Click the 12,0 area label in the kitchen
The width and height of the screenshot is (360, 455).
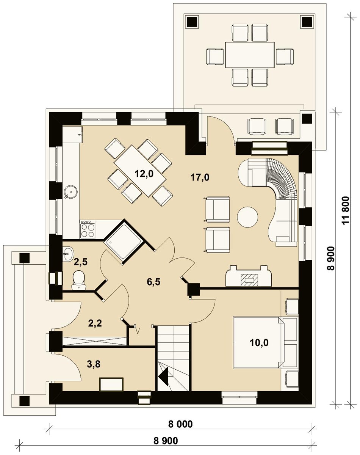[144, 174]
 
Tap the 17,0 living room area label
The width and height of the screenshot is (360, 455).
[200, 177]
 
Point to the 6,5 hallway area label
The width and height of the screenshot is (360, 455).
[153, 282]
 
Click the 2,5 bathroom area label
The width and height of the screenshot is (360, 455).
[81, 262]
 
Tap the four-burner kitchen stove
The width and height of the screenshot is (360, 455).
[88, 229]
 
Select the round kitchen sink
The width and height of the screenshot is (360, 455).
[71, 192]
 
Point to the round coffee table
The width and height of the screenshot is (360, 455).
[247, 217]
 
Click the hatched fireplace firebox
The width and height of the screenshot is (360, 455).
[249, 280]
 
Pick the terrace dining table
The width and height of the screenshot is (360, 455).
[250, 55]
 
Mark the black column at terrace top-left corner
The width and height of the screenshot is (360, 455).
[192, 22]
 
